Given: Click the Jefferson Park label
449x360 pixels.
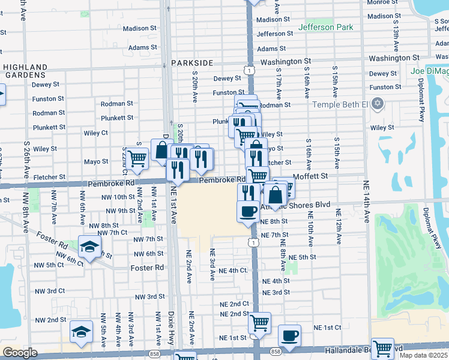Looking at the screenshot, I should tap(325, 27).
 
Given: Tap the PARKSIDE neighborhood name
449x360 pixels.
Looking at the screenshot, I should tap(191, 62).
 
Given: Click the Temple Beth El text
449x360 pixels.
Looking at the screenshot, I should tap(339, 104).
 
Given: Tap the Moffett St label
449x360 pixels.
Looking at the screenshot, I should tap(311, 176).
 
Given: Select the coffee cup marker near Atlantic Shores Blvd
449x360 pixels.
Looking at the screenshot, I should tap(249, 211).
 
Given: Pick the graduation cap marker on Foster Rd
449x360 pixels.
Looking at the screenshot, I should tap(89, 247).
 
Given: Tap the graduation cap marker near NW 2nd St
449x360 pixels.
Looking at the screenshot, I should tap(81, 331).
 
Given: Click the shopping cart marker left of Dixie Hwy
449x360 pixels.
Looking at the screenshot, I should tap(137, 158).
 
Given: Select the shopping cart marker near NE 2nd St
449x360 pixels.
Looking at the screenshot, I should tap(259, 323).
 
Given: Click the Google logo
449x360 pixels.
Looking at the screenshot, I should tap(20, 353).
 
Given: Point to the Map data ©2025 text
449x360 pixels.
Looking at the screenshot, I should tap(424, 355).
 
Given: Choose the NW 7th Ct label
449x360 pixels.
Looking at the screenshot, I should tap(112, 232).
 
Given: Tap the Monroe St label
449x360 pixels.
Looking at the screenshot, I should tap(382, 2).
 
